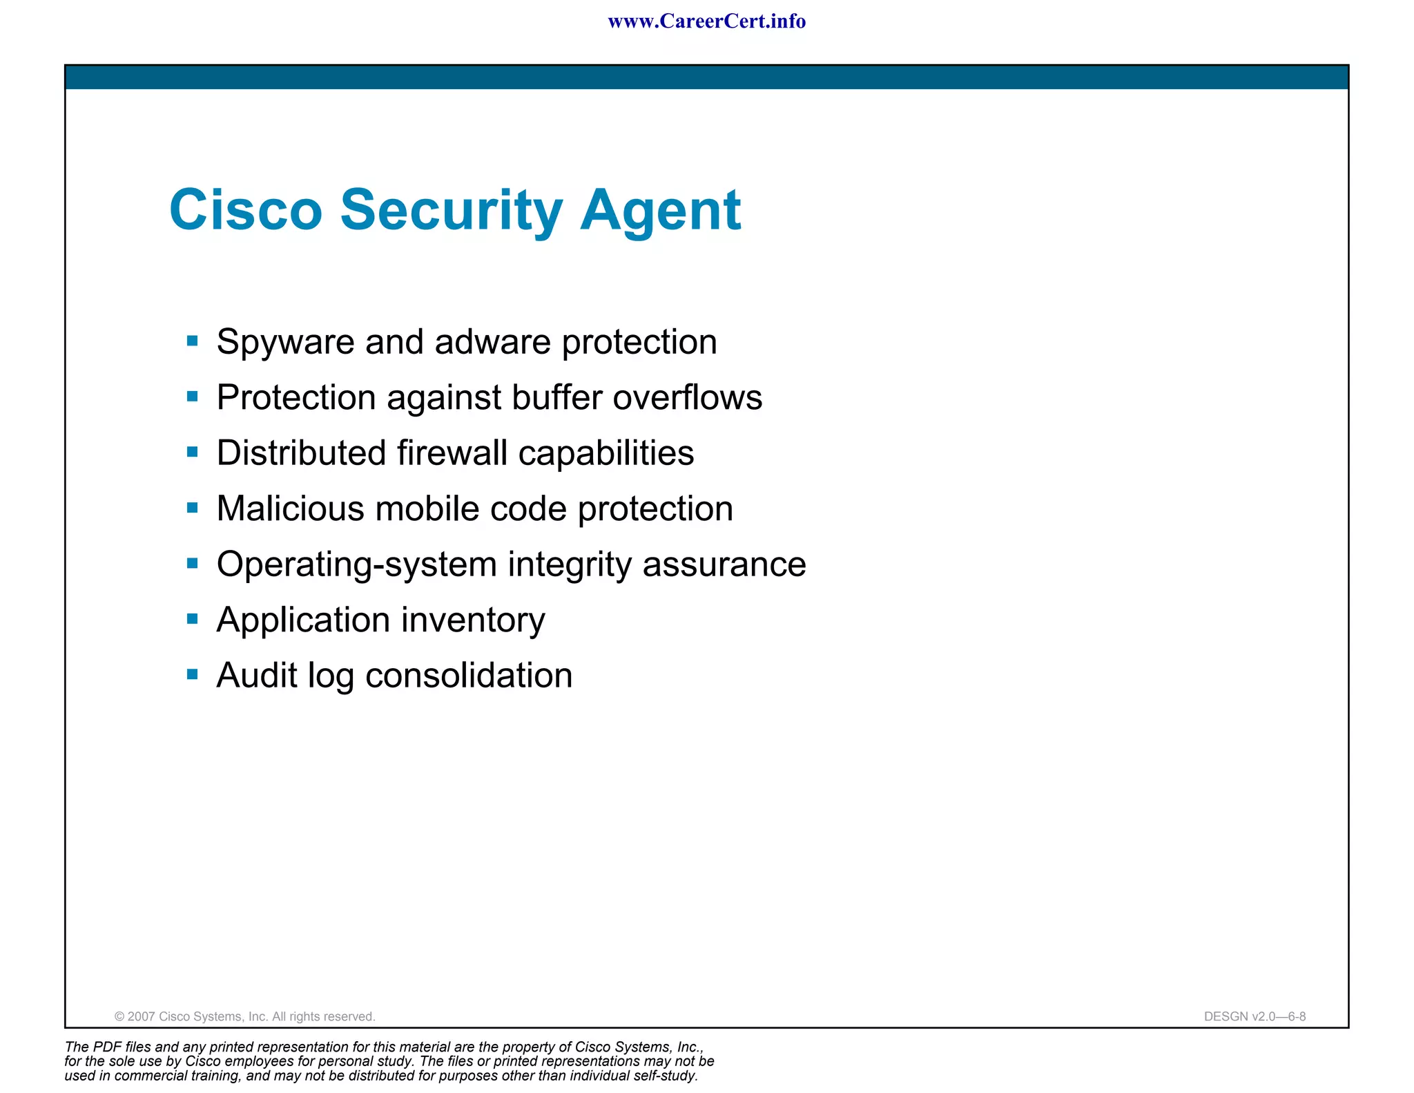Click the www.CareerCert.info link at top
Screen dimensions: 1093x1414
(x=706, y=21)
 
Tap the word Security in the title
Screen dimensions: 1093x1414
(x=452, y=211)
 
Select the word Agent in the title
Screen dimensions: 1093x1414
(x=660, y=211)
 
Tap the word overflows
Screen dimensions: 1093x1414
(x=687, y=398)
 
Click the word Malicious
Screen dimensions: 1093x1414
(x=290, y=509)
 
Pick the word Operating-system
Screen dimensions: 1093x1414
(x=356, y=565)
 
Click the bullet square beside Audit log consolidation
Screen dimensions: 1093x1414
(x=193, y=674)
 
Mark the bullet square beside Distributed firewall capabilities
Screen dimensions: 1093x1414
(x=193, y=453)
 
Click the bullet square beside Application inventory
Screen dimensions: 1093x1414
(x=193, y=619)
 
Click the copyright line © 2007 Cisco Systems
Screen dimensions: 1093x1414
(x=244, y=1016)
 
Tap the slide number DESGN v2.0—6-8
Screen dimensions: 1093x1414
(x=1255, y=1016)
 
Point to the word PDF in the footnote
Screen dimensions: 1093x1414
(x=108, y=1047)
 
